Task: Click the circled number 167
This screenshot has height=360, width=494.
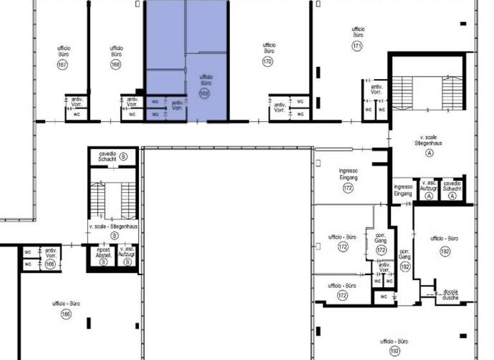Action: pos(62,65)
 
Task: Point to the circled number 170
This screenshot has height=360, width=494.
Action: pos(268,62)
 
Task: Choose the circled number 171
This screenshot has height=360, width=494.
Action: pos(358,46)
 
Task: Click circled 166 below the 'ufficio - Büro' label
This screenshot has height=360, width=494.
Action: pos(66,314)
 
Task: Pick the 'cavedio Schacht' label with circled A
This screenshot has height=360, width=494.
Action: pos(452,186)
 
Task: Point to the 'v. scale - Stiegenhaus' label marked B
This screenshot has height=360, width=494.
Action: pos(112,228)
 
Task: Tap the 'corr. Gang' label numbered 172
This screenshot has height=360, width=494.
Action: pos(380,239)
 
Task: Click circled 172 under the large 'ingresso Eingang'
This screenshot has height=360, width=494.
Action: pos(348,188)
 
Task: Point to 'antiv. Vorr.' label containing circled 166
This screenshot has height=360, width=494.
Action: pos(51,256)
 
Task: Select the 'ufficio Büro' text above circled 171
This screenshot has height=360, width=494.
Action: pos(358,32)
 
